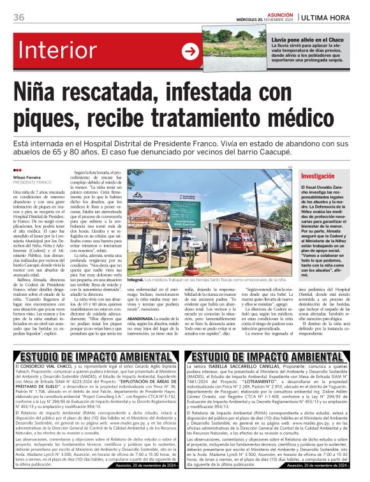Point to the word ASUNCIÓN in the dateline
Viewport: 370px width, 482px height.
click(x=277, y=12)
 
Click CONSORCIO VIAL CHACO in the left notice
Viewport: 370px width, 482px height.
click(x=55, y=386)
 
